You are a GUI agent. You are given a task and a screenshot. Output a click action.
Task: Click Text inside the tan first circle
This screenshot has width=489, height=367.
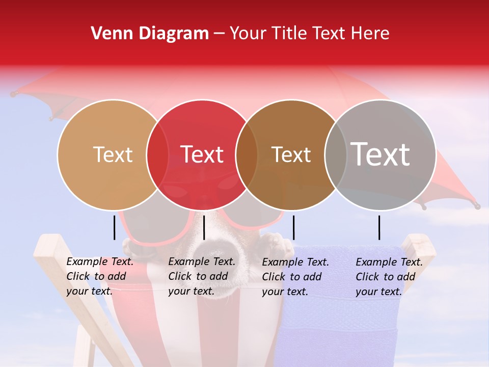[x=113, y=154]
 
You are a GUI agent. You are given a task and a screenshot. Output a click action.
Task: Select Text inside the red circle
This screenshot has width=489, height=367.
[x=202, y=154]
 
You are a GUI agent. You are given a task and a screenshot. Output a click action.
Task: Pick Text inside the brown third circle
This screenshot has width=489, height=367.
[x=291, y=154]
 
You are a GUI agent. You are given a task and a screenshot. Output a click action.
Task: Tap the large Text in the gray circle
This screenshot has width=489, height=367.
[x=381, y=154]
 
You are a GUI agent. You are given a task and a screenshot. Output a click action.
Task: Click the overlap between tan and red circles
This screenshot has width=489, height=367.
[x=157, y=154]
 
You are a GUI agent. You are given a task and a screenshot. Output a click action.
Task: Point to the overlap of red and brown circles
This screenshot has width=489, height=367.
[x=247, y=154]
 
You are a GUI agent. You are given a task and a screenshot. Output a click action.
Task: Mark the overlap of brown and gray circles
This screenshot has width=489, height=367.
[x=334, y=154]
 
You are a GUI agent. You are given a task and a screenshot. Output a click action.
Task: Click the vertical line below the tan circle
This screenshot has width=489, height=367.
[x=115, y=227]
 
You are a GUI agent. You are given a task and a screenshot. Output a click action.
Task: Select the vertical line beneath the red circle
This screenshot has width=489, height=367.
[x=204, y=227]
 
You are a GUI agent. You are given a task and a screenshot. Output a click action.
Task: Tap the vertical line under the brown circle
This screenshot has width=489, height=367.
[x=293, y=227]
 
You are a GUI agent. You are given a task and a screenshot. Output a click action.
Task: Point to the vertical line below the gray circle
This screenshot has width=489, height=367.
[x=379, y=227]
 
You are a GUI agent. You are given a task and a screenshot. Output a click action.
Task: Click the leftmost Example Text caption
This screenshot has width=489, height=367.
[x=100, y=276]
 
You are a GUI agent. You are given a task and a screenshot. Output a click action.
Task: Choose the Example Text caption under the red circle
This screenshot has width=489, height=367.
[x=202, y=276]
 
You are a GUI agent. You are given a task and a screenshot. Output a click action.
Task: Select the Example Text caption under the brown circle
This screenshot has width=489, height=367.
[x=295, y=277]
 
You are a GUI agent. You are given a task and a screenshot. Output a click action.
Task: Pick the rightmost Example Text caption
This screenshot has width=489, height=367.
[x=389, y=277]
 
